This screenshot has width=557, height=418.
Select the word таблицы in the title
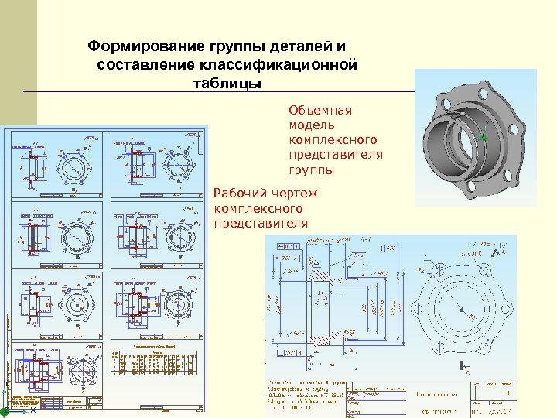[228, 83]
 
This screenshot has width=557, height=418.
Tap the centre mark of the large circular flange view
[461, 311]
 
